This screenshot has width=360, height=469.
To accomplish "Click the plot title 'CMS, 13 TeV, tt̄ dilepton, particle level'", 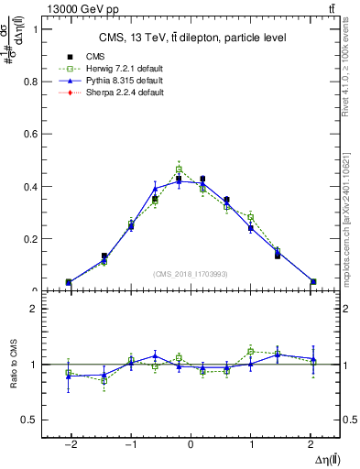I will [192, 38].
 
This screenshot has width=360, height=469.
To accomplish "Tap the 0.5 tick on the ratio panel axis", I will [33, 420].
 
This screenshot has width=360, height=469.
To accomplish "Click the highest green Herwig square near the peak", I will [179, 169].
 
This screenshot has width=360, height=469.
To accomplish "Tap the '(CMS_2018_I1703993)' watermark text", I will [190, 274].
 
